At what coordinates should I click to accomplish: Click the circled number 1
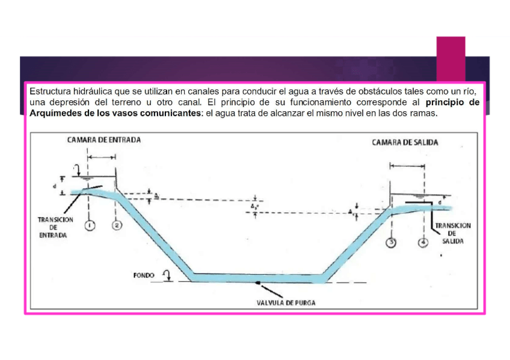90,225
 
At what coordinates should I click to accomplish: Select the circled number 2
117,225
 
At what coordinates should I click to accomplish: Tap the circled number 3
392,242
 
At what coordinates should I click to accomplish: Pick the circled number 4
423,242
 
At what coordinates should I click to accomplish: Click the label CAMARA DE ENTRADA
104,139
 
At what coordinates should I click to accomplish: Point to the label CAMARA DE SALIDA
405,142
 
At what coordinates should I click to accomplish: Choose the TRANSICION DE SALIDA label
452,233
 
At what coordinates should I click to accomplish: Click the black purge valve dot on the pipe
258,282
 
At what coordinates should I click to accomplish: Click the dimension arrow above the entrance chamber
102,157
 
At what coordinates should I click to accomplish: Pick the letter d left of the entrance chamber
54,186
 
